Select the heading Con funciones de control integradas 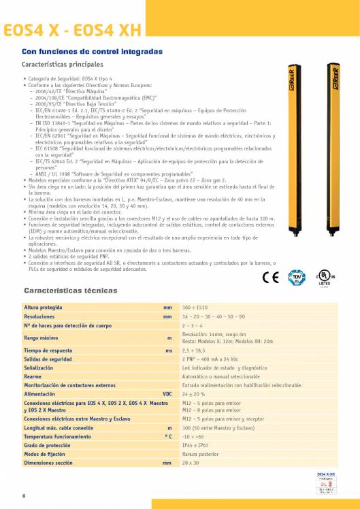pyautogui.click(x=93, y=52)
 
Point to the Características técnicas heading pyautogui.click(x=71, y=291)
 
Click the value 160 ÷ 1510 pyautogui.click(x=194, y=308)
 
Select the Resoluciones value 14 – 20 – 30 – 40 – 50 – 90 pyautogui.click(x=214, y=317)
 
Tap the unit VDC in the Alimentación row pyautogui.click(x=167, y=393)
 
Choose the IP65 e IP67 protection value pyautogui.click(x=195, y=445)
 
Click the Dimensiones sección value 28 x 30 pyautogui.click(x=191, y=462)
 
